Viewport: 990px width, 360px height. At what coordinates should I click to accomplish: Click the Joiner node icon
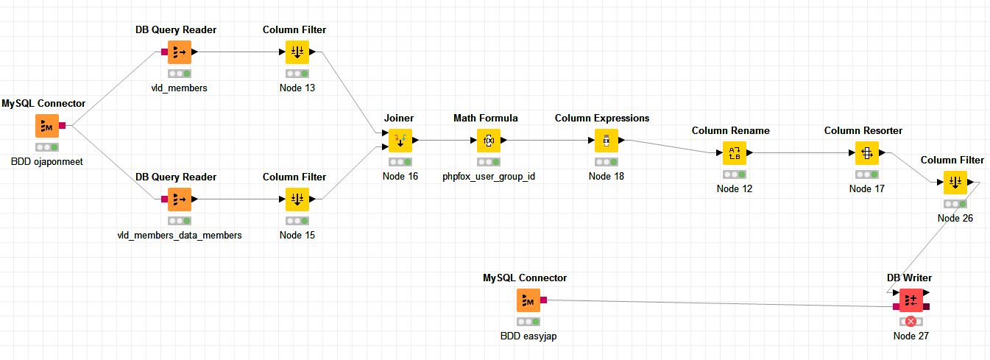pos(400,140)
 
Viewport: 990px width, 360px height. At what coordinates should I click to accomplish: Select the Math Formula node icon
pos(489,140)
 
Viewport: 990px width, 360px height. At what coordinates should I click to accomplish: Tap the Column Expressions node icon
pos(607,140)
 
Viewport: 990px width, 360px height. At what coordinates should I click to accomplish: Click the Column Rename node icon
pos(734,152)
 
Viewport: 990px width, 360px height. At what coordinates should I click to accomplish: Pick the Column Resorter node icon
pos(866,152)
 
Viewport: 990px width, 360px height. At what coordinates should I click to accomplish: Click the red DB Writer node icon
pos(911,300)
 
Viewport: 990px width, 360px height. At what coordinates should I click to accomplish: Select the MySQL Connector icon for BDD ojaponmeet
pos(47,126)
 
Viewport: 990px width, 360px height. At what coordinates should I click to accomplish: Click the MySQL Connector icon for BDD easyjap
pos(528,300)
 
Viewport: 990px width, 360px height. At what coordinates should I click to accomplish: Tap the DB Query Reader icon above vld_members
pos(180,52)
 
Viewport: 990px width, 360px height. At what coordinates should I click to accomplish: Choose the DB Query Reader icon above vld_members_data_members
pos(180,199)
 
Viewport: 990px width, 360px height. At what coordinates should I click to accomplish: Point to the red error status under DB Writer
pos(911,321)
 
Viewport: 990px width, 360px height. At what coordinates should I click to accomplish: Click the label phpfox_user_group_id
pos(489,176)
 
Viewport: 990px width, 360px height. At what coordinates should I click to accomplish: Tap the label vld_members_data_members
pos(180,235)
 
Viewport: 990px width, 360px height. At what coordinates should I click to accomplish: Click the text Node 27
pos(911,336)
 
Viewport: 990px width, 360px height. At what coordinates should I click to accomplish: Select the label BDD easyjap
pos(528,336)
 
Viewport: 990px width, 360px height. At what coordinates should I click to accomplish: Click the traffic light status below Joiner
pos(400,161)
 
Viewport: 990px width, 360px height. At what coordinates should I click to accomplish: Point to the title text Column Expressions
pos(602,118)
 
